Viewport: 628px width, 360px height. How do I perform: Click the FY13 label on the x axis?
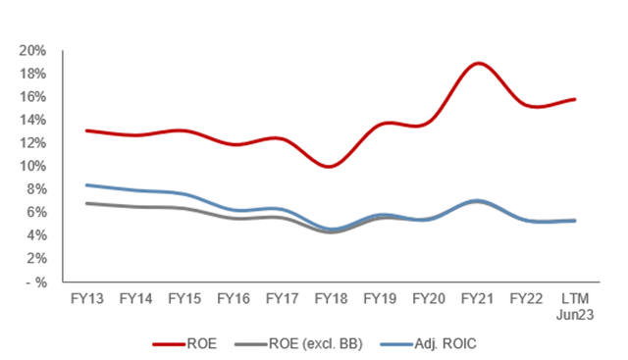click(x=88, y=297)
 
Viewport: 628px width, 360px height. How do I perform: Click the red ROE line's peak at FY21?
click(x=477, y=63)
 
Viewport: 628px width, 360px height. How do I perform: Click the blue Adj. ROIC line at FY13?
click(x=88, y=184)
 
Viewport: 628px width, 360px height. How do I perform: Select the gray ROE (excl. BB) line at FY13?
click(x=88, y=203)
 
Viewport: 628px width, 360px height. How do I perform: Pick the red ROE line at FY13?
click(x=88, y=130)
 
